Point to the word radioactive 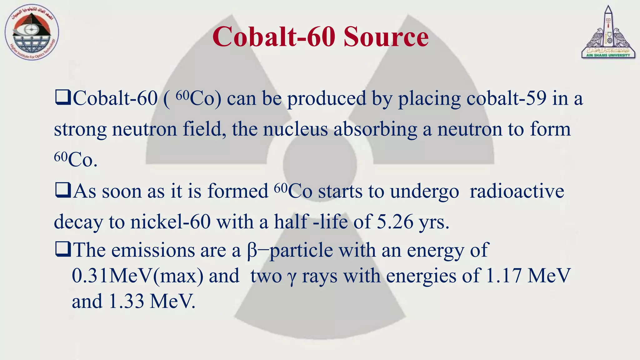pos(517,191)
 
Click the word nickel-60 pos(170,222)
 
